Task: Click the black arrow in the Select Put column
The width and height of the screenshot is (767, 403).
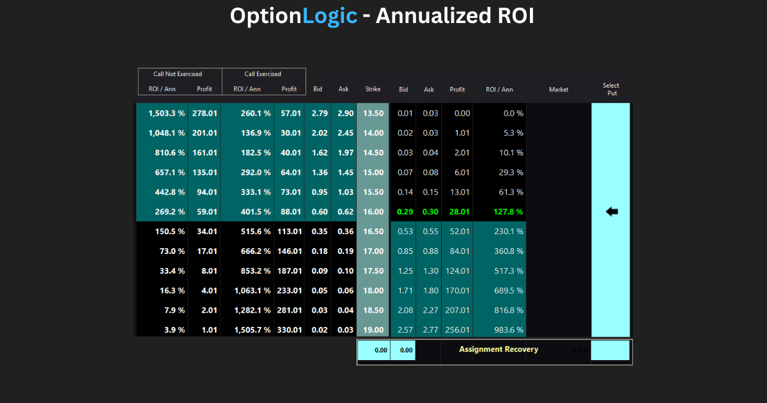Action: coord(612,212)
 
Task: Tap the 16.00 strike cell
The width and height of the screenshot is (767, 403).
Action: coord(373,212)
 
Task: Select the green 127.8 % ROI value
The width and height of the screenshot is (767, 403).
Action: coord(508,212)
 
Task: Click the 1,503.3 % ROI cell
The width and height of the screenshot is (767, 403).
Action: coord(166,113)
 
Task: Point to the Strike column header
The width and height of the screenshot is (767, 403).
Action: coord(373,89)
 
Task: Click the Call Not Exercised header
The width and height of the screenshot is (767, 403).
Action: coord(178,74)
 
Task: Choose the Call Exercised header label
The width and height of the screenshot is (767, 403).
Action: coord(263,74)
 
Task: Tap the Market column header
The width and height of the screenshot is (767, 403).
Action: coord(559,90)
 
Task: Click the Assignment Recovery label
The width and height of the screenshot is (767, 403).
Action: coord(499,349)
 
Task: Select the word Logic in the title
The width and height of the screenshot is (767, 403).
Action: coord(330,16)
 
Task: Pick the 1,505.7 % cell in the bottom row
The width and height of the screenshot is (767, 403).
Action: coord(252,330)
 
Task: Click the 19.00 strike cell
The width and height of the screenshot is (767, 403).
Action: coord(373,330)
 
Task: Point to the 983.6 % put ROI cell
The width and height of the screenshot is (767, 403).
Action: coord(509,330)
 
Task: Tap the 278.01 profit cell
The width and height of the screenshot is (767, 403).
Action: coord(205,113)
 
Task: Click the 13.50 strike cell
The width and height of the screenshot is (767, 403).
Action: coord(373,113)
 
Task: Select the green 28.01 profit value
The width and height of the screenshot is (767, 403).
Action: coord(459,212)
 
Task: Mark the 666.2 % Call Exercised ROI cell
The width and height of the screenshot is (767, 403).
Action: coord(256,251)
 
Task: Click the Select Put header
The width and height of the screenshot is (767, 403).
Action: coord(611,89)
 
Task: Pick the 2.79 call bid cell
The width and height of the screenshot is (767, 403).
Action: coord(320,113)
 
